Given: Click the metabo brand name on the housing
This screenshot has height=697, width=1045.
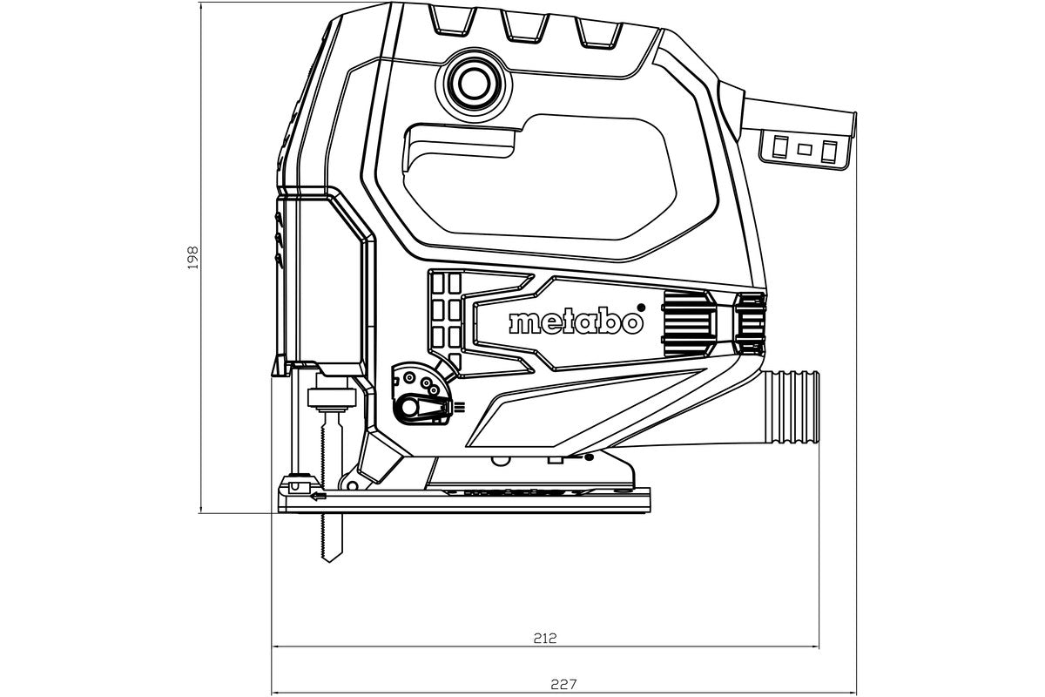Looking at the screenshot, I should pyautogui.click(x=576, y=321).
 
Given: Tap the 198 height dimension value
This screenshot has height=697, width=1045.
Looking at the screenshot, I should pyautogui.click(x=193, y=257).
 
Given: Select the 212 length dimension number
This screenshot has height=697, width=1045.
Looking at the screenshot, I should pyautogui.click(x=545, y=638).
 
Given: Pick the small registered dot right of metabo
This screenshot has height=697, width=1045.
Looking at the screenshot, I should pyautogui.click(x=641, y=306).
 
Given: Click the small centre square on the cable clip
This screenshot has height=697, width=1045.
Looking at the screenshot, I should pyautogui.click(x=804, y=149).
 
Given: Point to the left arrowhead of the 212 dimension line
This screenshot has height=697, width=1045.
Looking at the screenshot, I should pyautogui.click(x=277, y=647).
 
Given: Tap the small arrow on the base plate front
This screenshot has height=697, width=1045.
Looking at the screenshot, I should pyautogui.click(x=319, y=497).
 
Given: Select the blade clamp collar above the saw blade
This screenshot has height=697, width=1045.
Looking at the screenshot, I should pyautogui.click(x=331, y=400).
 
